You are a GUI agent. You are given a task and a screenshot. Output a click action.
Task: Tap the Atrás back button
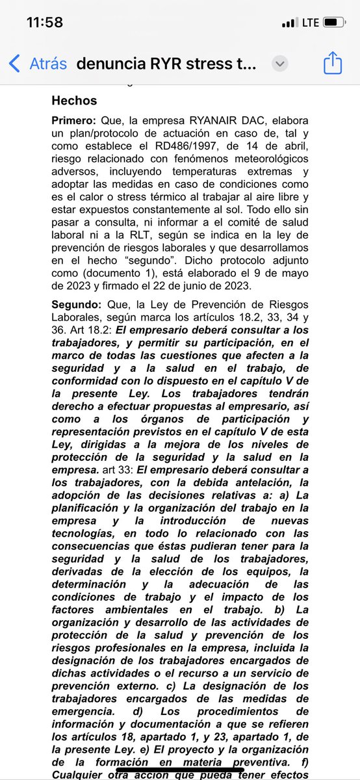(x=39, y=64)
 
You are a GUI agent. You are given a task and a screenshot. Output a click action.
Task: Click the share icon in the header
(x=332, y=64)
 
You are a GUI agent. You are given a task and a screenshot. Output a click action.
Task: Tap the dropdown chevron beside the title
(x=280, y=64)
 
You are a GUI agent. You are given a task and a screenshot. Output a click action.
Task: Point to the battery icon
(x=333, y=22)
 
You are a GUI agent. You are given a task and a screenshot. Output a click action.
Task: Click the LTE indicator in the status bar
(x=311, y=22)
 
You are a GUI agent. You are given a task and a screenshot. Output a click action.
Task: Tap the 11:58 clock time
(x=44, y=22)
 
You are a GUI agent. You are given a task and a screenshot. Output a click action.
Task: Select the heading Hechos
(x=74, y=101)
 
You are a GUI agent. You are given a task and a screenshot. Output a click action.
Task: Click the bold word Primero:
(x=73, y=121)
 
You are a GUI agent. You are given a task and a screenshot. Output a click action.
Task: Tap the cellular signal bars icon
(x=289, y=23)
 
